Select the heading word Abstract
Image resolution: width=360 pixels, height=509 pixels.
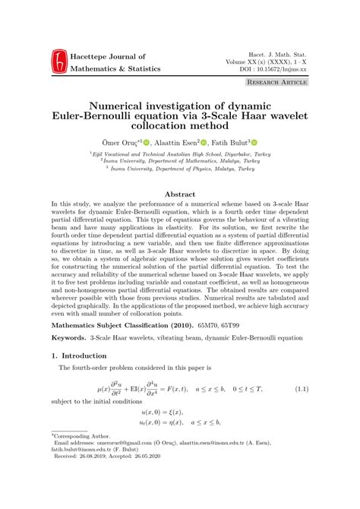point(180,194)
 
